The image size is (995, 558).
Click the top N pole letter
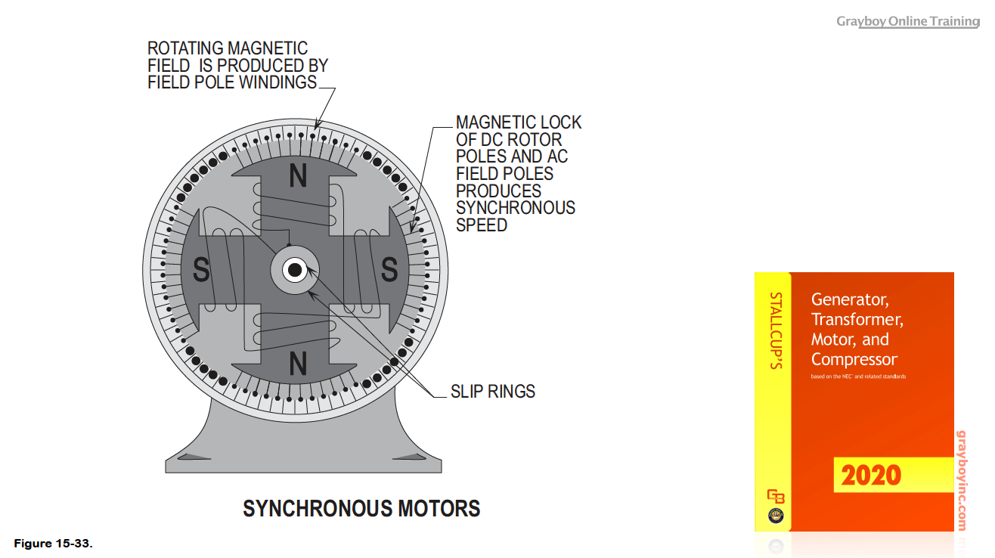299,176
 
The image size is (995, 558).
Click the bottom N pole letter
299,365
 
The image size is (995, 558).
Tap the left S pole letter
201,270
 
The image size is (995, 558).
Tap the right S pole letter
389,270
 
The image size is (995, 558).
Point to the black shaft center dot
295,270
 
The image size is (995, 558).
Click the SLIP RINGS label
493,392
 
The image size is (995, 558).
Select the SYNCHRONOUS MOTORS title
361,509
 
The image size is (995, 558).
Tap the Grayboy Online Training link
907,21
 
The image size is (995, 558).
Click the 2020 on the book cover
871,476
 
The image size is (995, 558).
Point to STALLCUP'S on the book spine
775,330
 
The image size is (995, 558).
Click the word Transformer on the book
857,319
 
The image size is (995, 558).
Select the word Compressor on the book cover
854,359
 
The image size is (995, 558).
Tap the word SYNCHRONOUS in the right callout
516,208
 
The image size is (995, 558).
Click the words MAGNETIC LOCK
519,122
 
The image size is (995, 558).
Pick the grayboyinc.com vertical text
962,480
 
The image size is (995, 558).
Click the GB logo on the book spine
776,497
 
